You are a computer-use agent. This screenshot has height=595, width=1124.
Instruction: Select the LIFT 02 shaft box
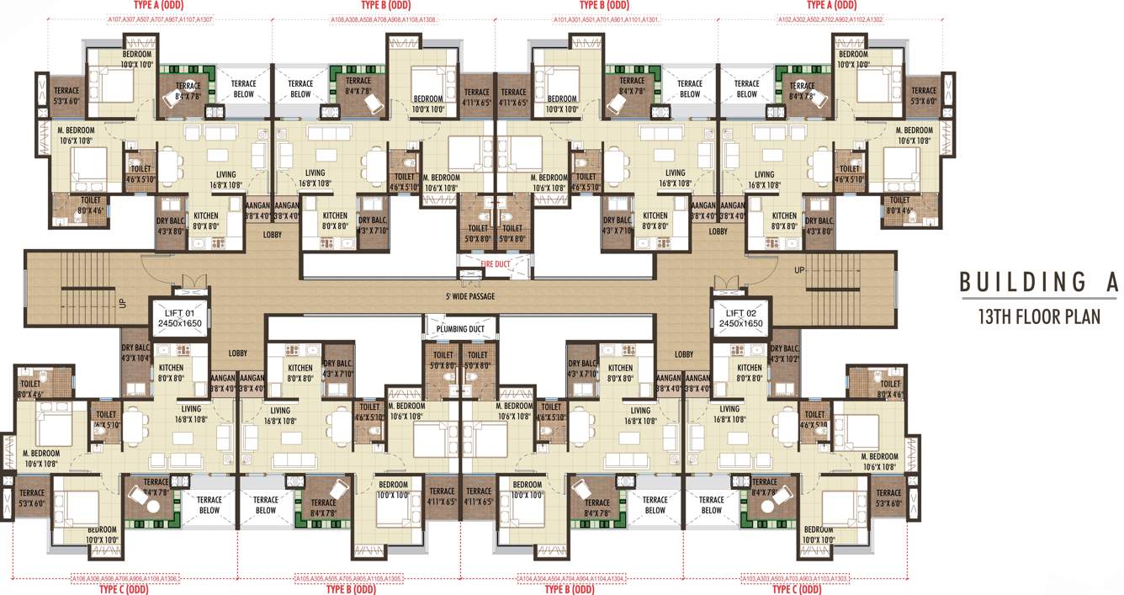pos(740,317)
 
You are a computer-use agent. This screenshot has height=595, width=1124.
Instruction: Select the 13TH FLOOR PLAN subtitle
pos(1039,317)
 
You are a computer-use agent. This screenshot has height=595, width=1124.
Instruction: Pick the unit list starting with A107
pos(160,19)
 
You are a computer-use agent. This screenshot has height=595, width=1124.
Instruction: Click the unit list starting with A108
pos(383,19)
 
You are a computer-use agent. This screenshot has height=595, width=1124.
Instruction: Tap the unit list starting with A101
pos(606,19)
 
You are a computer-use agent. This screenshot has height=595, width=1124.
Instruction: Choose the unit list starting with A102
pos(829,19)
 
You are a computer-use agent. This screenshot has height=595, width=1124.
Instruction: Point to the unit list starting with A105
pos(349,579)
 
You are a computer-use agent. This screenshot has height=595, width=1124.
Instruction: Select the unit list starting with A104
pos(571,579)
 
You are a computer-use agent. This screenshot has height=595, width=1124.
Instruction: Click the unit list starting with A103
pos(795,579)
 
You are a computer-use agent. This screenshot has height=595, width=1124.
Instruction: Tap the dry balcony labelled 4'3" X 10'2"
pos(783,353)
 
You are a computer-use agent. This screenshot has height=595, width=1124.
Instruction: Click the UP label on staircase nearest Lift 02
pos(800,269)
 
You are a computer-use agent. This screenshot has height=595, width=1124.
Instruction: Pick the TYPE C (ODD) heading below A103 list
pos(795,590)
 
